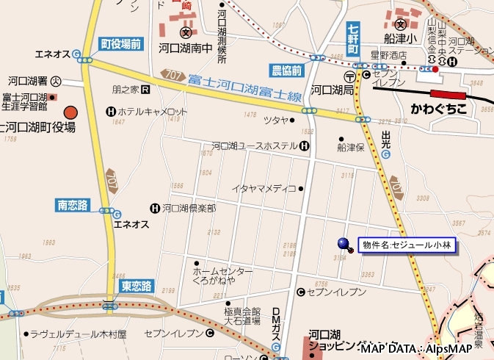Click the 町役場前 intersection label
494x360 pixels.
pos(121,44)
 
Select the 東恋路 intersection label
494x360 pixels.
pos(136,285)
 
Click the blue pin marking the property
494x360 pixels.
pos(344,244)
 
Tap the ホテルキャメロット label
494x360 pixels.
pos(153,112)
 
